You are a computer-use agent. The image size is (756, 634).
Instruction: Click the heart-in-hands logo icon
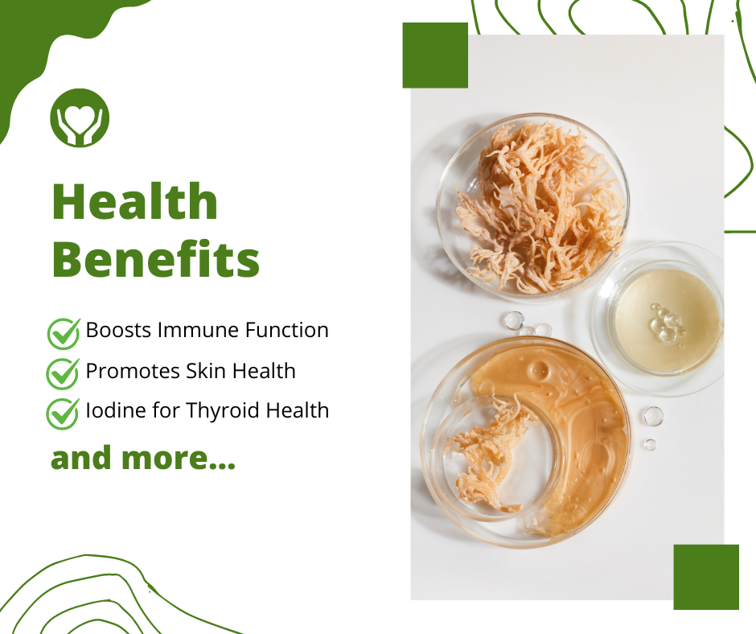coord(80,117)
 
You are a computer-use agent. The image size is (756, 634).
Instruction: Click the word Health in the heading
coord(135,201)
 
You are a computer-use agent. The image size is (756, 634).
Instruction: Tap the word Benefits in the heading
coord(156,258)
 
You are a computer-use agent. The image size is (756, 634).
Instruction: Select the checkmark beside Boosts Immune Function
coord(64,333)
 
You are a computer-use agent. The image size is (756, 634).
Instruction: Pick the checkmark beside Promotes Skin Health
coord(63,373)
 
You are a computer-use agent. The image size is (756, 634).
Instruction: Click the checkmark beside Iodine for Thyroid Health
coord(63,414)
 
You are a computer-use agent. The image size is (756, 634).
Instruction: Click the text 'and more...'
coord(143,458)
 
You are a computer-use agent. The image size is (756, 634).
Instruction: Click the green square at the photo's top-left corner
coord(435,56)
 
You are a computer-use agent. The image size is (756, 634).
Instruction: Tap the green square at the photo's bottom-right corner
coord(706,577)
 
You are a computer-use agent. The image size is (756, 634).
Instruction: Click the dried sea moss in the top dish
coord(537,208)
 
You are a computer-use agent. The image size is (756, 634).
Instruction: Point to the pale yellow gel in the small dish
coord(668,322)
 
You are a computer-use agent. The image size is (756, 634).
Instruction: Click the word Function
coord(287,330)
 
